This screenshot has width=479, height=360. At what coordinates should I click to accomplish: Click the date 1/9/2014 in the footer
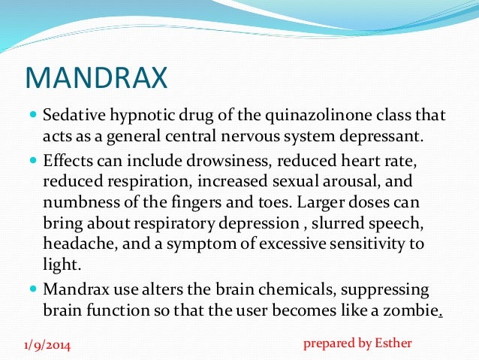[47, 345]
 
